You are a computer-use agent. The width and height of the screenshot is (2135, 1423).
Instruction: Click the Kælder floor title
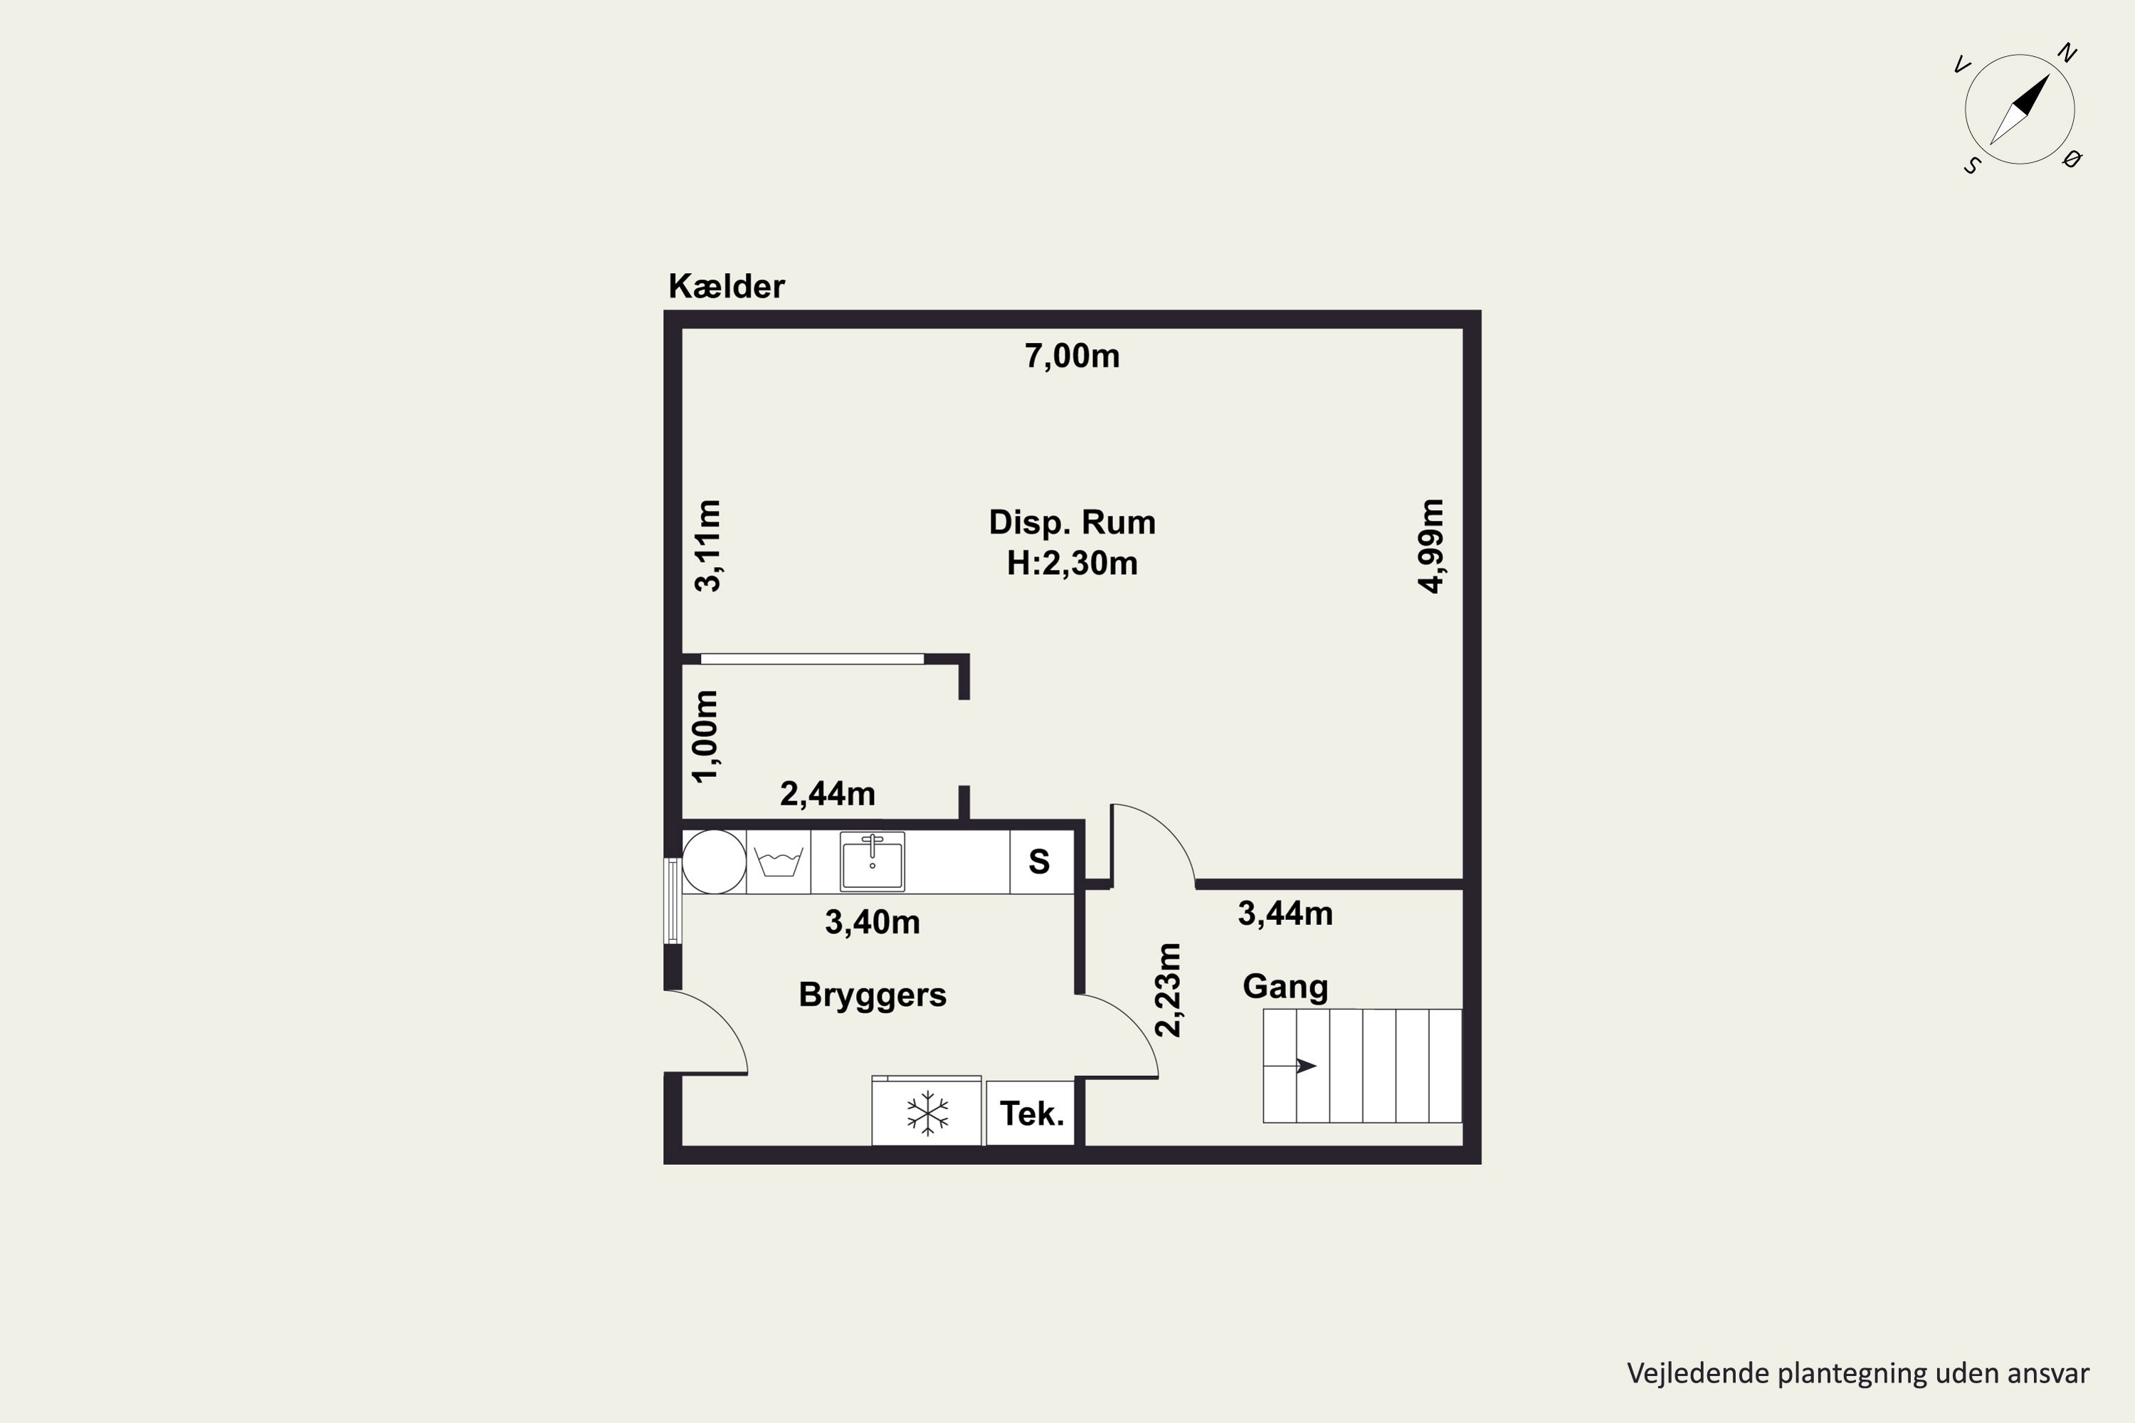[726, 287]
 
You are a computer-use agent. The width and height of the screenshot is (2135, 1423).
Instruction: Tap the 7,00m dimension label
[1072, 356]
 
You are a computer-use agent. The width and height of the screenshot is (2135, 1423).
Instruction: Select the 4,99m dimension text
[1430, 546]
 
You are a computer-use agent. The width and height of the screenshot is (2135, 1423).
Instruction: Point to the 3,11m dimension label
[707, 546]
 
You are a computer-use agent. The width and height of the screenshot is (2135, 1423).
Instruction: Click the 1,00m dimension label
[705, 736]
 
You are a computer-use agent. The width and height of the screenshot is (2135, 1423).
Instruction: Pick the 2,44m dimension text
[828, 794]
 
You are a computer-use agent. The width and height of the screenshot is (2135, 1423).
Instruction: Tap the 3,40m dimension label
[873, 922]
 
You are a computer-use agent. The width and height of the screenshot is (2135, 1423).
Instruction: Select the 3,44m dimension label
[1285, 913]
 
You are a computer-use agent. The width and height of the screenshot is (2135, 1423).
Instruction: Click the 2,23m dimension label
[1169, 990]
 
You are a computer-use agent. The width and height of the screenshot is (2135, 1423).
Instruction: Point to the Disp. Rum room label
[1072, 523]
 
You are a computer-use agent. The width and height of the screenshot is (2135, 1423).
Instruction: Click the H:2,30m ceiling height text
[1072, 564]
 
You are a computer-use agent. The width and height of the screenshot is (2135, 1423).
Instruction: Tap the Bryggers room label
[873, 995]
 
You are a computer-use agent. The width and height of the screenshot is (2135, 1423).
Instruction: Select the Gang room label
[1285, 986]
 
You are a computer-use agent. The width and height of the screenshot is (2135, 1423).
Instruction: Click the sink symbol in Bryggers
[873, 861]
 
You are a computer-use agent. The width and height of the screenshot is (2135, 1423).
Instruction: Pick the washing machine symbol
[779, 861]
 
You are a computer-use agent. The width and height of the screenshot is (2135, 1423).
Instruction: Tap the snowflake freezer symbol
[927, 1113]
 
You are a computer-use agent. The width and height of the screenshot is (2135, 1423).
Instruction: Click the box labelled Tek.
[1030, 1113]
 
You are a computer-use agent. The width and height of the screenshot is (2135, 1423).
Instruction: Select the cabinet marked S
[1041, 861]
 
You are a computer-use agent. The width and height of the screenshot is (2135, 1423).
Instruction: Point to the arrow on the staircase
[1290, 1065]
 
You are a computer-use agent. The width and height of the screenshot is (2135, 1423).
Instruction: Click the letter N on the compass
[2067, 53]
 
